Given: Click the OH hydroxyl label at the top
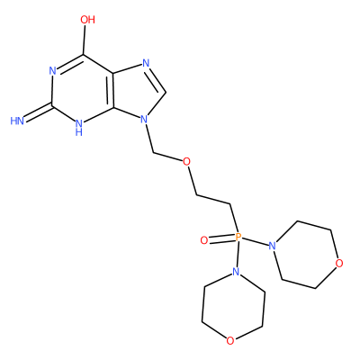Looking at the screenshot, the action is click(87, 20).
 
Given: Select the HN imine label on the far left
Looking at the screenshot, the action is click(17, 121).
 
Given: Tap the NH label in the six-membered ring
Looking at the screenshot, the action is click(79, 128).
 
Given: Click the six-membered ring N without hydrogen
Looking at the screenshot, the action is click(53, 71).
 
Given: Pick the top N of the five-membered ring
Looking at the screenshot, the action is click(146, 63).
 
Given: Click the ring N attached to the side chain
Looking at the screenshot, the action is click(145, 120).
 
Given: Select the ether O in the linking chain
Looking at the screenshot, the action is click(186, 162).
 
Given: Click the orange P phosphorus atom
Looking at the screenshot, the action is click(238, 237).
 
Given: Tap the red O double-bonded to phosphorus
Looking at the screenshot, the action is click(204, 240).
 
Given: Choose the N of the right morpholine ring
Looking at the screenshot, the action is click(272, 247).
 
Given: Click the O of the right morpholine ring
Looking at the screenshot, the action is click(339, 264).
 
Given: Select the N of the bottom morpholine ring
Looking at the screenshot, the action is click(237, 272).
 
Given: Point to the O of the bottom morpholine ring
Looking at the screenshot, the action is click(230, 340).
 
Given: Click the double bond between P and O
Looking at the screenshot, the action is click(221, 238).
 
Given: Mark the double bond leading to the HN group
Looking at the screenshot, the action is click(39, 113).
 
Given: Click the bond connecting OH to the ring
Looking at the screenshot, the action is click(85, 40).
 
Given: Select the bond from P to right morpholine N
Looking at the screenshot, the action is click(255, 242).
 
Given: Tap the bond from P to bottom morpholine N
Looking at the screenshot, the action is click(237, 255).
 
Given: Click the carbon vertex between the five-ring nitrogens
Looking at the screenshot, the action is click(166, 92).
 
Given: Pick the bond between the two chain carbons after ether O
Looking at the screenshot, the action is click(213, 200).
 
